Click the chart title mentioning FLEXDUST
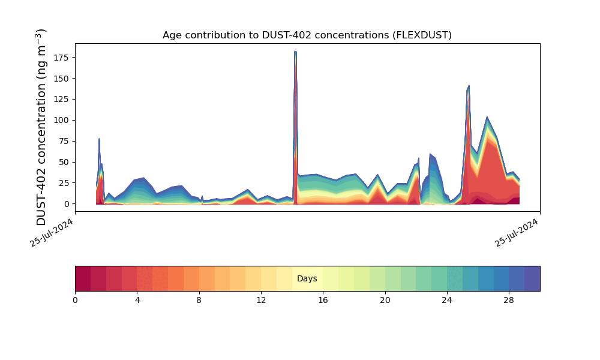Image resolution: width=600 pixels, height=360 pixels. (x=307, y=35)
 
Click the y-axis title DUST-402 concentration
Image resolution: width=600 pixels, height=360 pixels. (x=41, y=127)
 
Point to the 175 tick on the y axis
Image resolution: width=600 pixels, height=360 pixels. (x=62, y=58)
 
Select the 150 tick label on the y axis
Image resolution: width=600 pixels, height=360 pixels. (x=62, y=79)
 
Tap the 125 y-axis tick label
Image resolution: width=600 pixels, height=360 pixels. (x=62, y=100)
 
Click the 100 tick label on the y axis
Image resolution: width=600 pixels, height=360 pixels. (x=62, y=121)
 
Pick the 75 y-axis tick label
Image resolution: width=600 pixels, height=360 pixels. (x=65, y=142)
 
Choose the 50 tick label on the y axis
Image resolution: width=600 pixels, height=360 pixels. (x=65, y=163)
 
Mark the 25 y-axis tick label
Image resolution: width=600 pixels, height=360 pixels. (x=65, y=183)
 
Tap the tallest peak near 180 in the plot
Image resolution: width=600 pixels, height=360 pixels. (x=295, y=52)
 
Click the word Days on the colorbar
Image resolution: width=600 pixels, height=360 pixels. (x=307, y=279)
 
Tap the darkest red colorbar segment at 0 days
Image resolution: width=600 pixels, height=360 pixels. (x=83, y=279)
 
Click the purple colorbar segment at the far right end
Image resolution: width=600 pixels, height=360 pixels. (x=532, y=279)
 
